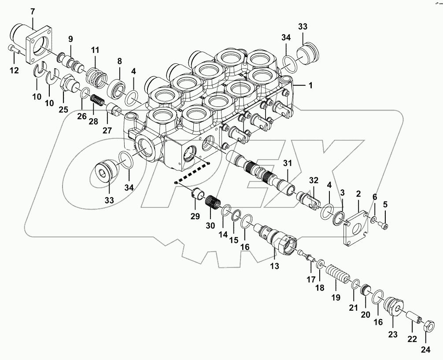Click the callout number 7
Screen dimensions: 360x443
[x=32, y=11]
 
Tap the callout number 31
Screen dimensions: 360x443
[x=288, y=163]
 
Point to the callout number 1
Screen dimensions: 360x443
[x=310, y=85]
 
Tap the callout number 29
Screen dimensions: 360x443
[x=195, y=216]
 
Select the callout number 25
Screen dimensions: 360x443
[x=64, y=109]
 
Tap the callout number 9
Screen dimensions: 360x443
[x=70, y=38]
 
